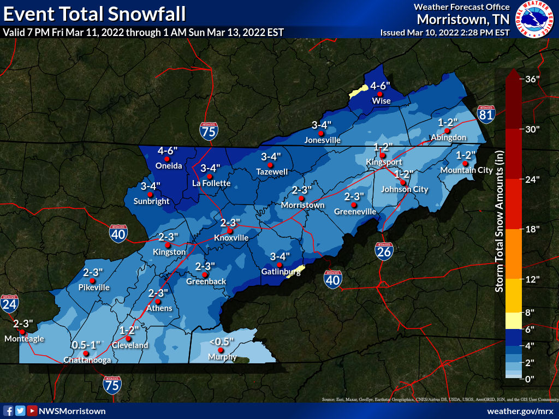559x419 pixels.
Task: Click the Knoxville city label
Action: (231, 238)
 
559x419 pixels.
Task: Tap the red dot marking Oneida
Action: (168, 159)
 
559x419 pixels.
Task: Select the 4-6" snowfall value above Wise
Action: (381, 86)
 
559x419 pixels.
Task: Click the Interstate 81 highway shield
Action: (485, 114)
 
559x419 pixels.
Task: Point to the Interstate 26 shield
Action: (384, 250)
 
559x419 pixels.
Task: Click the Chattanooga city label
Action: (87, 360)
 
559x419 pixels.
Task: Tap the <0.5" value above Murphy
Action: (222, 342)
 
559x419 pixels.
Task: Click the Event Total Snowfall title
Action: (94, 13)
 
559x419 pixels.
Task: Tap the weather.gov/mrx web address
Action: (520, 410)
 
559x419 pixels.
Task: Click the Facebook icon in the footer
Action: (8, 411)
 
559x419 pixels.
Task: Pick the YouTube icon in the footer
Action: (33, 411)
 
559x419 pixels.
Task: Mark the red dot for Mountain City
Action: (465, 164)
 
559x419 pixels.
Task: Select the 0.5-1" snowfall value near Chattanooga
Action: (86, 345)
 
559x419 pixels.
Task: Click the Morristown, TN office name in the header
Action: (463, 20)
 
